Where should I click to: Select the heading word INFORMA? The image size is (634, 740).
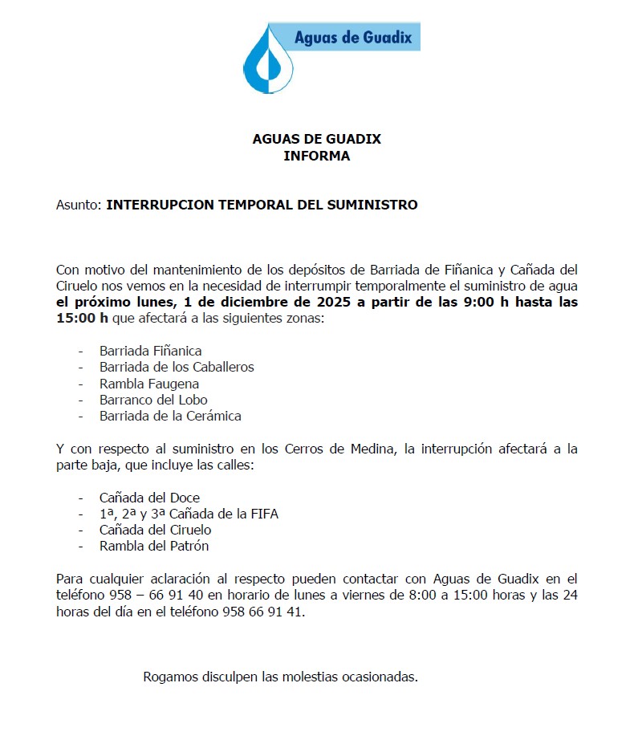click(x=316, y=157)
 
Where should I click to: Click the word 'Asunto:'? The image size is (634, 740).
click(x=79, y=205)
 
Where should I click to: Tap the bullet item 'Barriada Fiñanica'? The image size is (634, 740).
click(x=150, y=351)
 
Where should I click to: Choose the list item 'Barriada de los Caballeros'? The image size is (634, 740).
click(x=177, y=367)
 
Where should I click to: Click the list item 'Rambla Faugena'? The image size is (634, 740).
click(x=149, y=384)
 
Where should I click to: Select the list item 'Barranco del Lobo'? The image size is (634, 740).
click(x=153, y=400)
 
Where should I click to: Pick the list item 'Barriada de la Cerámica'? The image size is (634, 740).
click(x=170, y=416)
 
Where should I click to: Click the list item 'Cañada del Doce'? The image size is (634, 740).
click(x=149, y=498)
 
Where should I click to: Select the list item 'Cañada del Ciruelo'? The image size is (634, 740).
click(x=155, y=530)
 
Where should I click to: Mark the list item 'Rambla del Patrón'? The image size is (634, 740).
click(x=154, y=547)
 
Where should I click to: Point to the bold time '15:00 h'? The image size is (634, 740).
click(x=82, y=319)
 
